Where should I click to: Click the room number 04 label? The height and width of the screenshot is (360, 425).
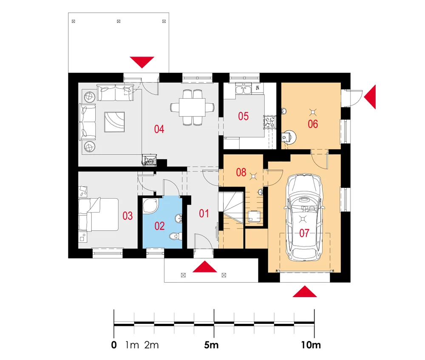159,129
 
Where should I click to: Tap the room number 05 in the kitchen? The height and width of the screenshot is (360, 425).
243,116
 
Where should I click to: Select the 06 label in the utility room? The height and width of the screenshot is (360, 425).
312,124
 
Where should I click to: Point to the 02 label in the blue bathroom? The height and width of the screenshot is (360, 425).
159,226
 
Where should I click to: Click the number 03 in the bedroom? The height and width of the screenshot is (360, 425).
127,216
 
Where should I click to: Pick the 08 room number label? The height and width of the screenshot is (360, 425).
241,172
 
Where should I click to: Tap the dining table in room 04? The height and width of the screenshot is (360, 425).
193,108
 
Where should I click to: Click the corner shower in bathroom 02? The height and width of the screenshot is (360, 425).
150,206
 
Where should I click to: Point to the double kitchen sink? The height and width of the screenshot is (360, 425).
243,89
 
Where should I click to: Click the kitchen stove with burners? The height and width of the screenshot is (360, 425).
270,122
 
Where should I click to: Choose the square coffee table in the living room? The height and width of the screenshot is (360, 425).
114,122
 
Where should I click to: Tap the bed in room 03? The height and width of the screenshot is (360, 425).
99,215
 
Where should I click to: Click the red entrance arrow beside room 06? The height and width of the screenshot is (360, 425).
370,97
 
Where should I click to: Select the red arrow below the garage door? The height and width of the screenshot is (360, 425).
305,292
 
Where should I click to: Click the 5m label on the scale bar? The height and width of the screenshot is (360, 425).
211,345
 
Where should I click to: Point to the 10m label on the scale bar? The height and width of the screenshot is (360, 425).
311,345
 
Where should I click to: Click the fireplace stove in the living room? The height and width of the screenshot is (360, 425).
149,160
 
